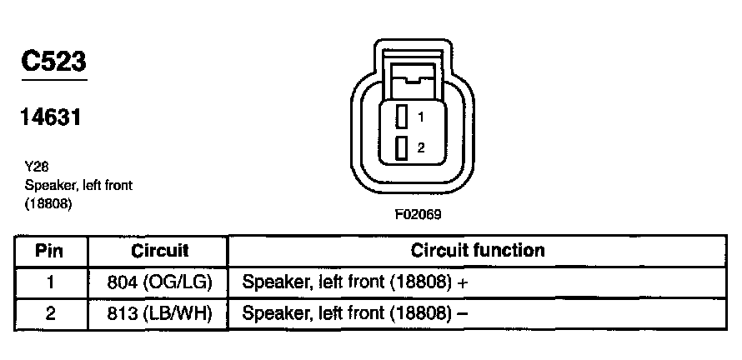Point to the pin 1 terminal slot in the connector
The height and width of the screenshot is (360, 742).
tap(402, 116)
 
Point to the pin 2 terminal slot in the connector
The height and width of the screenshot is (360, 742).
tap(402, 147)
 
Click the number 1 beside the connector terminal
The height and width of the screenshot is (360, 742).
tap(422, 116)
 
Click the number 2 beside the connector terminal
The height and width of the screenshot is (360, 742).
tap(422, 147)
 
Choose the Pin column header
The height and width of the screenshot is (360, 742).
tap(51, 250)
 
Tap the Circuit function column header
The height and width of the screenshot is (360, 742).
tap(478, 250)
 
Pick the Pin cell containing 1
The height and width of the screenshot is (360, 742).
tap(51, 282)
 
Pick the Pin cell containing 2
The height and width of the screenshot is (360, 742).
tap(51, 313)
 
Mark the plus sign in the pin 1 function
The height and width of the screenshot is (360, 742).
tap(463, 282)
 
